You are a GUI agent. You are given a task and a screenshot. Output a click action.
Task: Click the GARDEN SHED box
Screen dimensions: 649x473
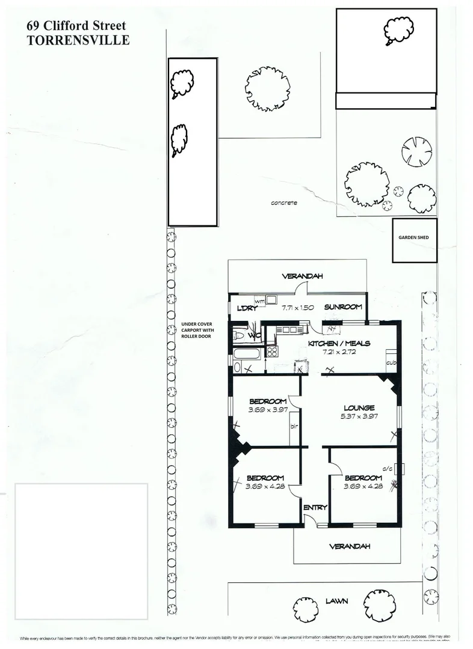(x=413, y=238)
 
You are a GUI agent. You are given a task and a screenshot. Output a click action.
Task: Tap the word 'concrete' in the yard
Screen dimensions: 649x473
(x=284, y=203)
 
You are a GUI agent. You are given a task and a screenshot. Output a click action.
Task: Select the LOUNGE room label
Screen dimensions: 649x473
(x=359, y=408)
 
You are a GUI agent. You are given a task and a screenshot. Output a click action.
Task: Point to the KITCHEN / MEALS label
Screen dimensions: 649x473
(x=339, y=343)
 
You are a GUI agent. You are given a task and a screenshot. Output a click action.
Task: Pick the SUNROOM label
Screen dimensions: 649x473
(x=343, y=307)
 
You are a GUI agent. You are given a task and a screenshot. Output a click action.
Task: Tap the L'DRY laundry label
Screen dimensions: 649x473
(x=243, y=308)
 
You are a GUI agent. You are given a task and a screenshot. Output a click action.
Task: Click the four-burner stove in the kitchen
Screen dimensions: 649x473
(x=272, y=352)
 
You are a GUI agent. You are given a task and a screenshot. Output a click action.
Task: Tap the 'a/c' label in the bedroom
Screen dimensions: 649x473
(x=387, y=468)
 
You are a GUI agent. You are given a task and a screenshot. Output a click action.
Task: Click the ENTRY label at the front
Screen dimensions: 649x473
(x=315, y=507)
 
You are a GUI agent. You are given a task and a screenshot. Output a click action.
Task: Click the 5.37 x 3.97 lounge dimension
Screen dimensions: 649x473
(x=360, y=417)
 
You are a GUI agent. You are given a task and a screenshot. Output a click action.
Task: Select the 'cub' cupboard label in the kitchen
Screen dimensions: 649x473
(x=391, y=362)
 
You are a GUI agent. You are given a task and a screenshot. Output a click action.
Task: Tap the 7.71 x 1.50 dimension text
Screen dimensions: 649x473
(x=297, y=308)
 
